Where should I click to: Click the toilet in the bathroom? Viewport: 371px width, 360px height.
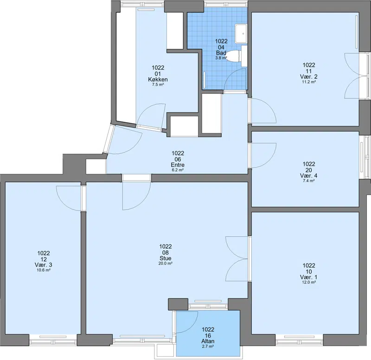click(234, 56)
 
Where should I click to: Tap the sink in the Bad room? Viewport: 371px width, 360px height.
click(241, 33)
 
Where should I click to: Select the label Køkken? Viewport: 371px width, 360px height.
click(158, 79)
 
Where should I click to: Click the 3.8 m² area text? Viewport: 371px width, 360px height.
click(221, 58)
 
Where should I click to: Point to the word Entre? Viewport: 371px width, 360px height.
click(178, 165)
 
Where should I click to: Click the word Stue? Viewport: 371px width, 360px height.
click(166, 258)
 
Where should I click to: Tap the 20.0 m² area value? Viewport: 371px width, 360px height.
click(166, 263)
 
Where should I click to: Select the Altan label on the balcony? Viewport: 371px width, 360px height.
click(208, 341)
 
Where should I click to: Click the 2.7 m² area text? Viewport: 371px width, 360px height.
click(208, 346)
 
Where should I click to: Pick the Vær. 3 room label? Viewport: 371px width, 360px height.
click(44, 265)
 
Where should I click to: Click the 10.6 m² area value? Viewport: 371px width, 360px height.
click(44, 270)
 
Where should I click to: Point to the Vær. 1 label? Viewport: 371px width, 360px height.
click(309, 277)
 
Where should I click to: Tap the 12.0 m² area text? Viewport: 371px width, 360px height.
click(309, 282)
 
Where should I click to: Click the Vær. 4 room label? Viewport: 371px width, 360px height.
click(309, 176)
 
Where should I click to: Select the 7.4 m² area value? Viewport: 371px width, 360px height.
click(309, 181)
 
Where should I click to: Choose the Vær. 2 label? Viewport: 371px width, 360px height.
click(309, 76)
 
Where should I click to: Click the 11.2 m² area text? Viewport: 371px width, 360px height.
click(309, 82)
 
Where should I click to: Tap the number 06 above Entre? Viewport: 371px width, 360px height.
click(178, 159)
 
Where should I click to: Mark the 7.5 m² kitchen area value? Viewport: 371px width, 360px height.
click(158, 85)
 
